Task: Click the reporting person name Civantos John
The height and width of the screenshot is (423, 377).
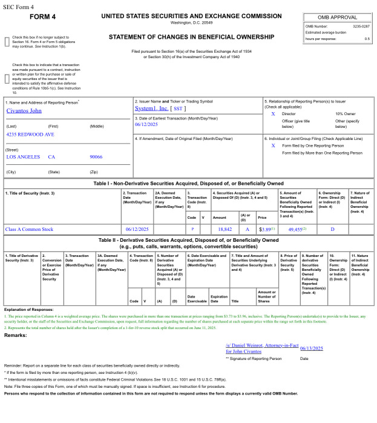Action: click(x=25, y=111)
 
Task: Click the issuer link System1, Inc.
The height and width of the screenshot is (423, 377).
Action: click(x=152, y=108)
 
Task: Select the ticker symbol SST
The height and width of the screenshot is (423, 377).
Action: click(x=179, y=108)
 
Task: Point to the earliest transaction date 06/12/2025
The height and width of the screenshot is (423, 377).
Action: click(x=146, y=124)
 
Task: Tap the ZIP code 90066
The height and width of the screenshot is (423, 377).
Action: click(x=96, y=156)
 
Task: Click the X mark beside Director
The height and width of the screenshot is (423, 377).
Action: click(x=273, y=113)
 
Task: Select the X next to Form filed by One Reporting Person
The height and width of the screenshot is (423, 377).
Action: click(x=273, y=145)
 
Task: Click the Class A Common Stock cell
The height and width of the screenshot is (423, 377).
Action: click(x=29, y=229)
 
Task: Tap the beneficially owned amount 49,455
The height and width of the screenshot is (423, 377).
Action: click(x=295, y=229)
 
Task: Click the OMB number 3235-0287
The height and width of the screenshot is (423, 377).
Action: click(x=361, y=26)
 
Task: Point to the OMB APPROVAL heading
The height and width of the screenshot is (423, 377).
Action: click(x=337, y=17)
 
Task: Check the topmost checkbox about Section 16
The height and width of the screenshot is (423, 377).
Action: click(x=7, y=41)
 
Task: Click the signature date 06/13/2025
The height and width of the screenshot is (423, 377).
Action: click(x=312, y=348)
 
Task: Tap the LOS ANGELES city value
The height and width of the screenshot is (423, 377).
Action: click(x=22, y=156)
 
